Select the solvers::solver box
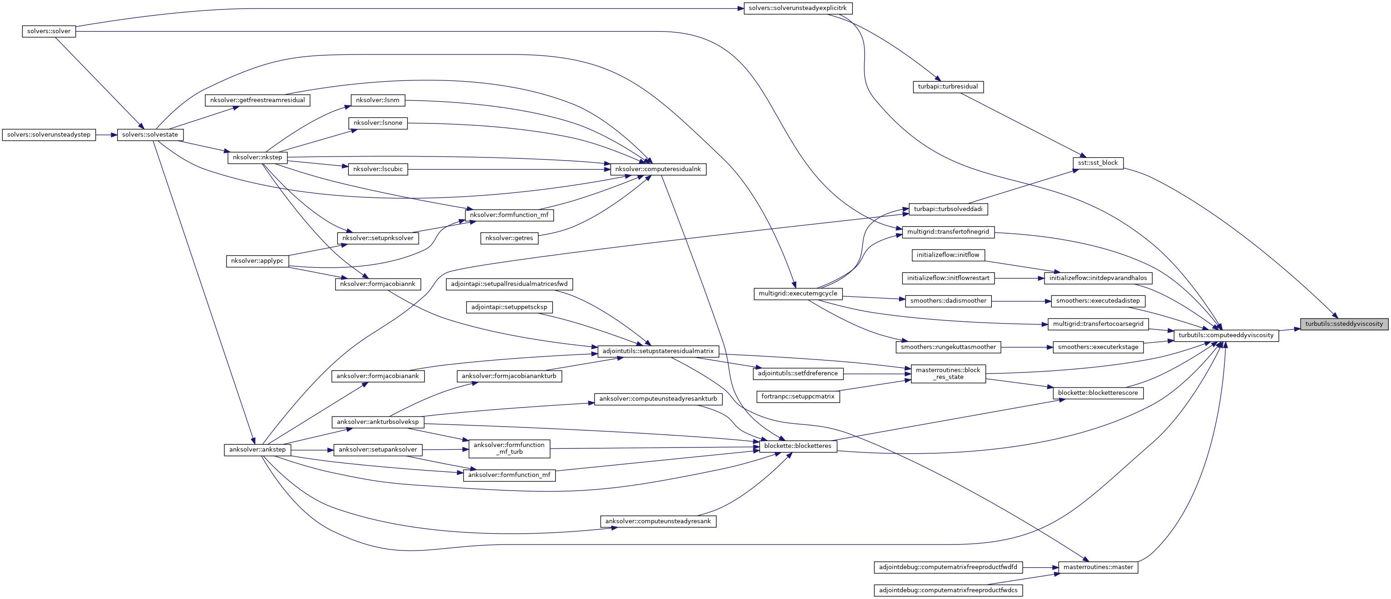tap(49, 31)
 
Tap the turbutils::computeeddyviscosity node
tap(1226, 335)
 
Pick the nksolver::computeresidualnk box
tap(658, 169)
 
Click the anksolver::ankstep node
tap(257, 450)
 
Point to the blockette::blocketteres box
tap(797, 446)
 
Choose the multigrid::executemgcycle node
tap(797, 294)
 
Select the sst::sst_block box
tap(1098, 163)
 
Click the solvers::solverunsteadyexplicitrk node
tap(797, 8)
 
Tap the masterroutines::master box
tap(1098, 567)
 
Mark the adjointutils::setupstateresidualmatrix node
tap(658, 351)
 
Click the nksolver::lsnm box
tap(377, 100)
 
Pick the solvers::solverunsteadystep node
tap(49, 134)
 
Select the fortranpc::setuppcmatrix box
tap(797, 397)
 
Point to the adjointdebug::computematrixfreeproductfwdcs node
tap(948, 590)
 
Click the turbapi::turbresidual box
tap(948, 86)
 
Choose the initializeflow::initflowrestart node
tap(948, 278)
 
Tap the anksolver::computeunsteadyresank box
tap(658, 521)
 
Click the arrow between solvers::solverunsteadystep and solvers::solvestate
tap(106, 134)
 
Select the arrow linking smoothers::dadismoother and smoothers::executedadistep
tap(1021, 301)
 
